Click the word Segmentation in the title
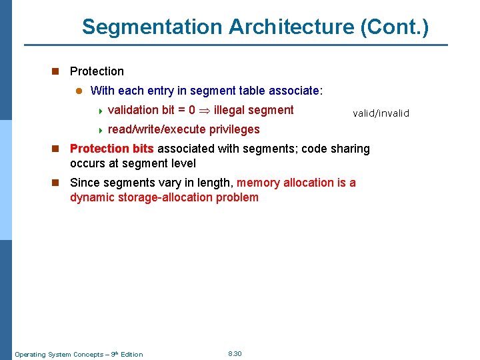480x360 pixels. pyautogui.click(x=152, y=27)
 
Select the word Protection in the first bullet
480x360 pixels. pyautogui.click(x=97, y=71)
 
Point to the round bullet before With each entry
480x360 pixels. pyautogui.click(x=77, y=91)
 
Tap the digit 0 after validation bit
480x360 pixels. pyautogui.click(x=192, y=111)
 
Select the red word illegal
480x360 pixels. pyautogui.click(x=229, y=111)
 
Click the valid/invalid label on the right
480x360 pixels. pyautogui.click(x=381, y=113)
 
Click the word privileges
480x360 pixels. pyautogui.click(x=234, y=129)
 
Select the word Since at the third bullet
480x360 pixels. pyautogui.click(x=85, y=183)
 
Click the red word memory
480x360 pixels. pyautogui.click(x=259, y=183)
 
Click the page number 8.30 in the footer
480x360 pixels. pyautogui.click(x=235, y=353)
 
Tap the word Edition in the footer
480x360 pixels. pyautogui.click(x=131, y=354)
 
